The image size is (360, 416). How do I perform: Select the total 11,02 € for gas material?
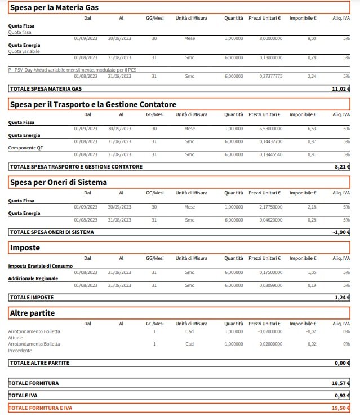click(341, 89)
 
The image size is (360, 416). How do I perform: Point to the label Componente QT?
click(26, 148)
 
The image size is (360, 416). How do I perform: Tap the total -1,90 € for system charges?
click(341, 232)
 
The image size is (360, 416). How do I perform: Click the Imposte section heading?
click(25, 247)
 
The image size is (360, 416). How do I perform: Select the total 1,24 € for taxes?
click(342, 297)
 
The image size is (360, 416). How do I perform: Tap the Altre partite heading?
click(33, 312)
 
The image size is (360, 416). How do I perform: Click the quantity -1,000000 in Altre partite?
click(233, 344)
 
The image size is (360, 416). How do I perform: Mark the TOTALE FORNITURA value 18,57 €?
click(341, 383)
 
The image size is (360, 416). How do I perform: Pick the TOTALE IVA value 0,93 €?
click(342, 395)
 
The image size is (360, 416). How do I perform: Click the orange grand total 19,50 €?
click(341, 408)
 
